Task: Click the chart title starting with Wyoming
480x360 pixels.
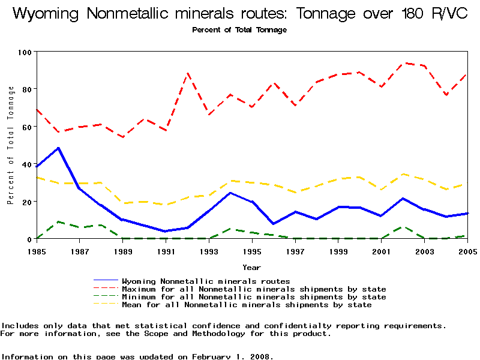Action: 240,14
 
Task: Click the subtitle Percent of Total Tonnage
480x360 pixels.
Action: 239,30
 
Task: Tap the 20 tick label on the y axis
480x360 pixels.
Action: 26,202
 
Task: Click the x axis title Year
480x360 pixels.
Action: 251,267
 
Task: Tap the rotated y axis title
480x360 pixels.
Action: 11,145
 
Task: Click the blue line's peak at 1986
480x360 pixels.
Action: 58,148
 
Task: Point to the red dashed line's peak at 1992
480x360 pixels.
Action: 188,73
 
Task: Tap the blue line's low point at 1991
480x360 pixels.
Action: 166,231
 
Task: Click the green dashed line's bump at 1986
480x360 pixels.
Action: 58,221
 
